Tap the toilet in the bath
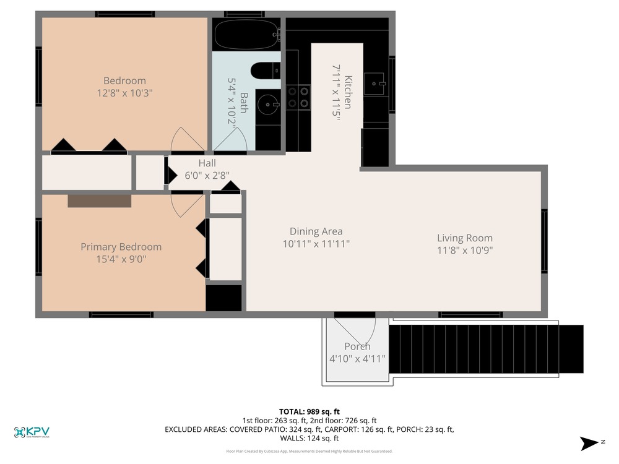[x=266, y=71]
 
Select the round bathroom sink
[x=268, y=104]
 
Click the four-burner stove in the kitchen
[x=298, y=98]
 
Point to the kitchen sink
[x=374, y=84]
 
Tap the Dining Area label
[x=316, y=231]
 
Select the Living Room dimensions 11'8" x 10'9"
[x=465, y=250]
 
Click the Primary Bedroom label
[x=121, y=247]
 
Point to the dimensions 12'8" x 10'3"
[x=125, y=93]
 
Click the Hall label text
[x=207, y=163]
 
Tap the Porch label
[x=357, y=346]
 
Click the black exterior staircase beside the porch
[x=487, y=349]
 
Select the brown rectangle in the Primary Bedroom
[x=100, y=201]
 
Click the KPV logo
[x=32, y=432]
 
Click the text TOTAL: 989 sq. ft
[x=309, y=412]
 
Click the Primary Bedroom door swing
[x=187, y=205]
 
